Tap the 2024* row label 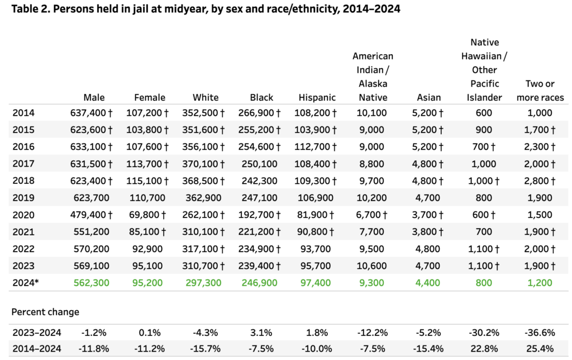tap(25, 283)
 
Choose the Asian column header tap(428, 97)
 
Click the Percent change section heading tap(45, 312)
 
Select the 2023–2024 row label tap(36, 333)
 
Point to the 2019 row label tap(23, 198)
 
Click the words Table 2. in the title tap(30, 10)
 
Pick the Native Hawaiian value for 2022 tap(484, 249)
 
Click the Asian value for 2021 tap(428, 232)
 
